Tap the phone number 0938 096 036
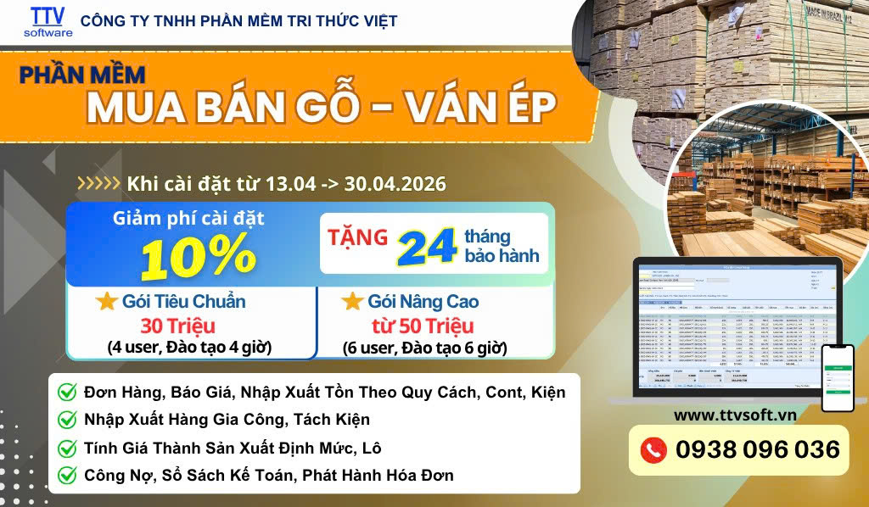coord(758,449)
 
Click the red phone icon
coord(653,450)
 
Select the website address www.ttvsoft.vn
coord(734,415)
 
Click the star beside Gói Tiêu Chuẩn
coord(106,302)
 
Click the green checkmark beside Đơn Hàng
coord(66,393)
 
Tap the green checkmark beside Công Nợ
coord(66,476)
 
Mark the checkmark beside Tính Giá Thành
coord(66,448)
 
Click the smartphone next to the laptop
coord(838,377)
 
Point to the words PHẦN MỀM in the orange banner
coord(82,75)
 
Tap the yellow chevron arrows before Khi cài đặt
coord(98,183)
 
